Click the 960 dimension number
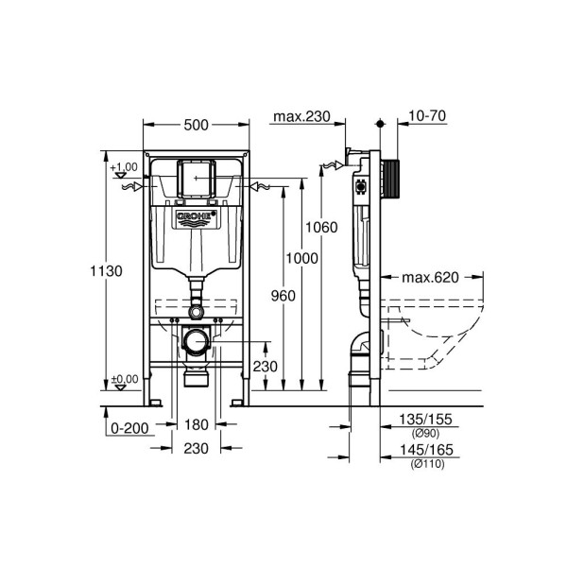coord(283,296)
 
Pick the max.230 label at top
coord(301,117)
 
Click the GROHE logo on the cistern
coord(197,220)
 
